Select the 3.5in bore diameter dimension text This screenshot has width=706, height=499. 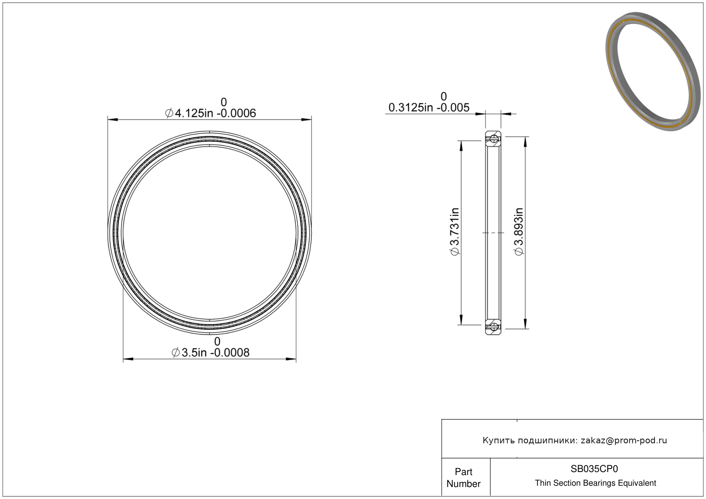coord(211,353)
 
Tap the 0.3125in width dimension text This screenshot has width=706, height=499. coord(429,108)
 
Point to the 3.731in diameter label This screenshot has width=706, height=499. coord(454,232)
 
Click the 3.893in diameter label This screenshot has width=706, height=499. coord(519,232)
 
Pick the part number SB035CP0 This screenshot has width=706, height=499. coord(594,469)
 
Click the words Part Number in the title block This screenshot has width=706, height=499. coord(463,478)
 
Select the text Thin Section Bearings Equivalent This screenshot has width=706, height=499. coord(595,483)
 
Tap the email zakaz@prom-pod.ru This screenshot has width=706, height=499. coord(624,440)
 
